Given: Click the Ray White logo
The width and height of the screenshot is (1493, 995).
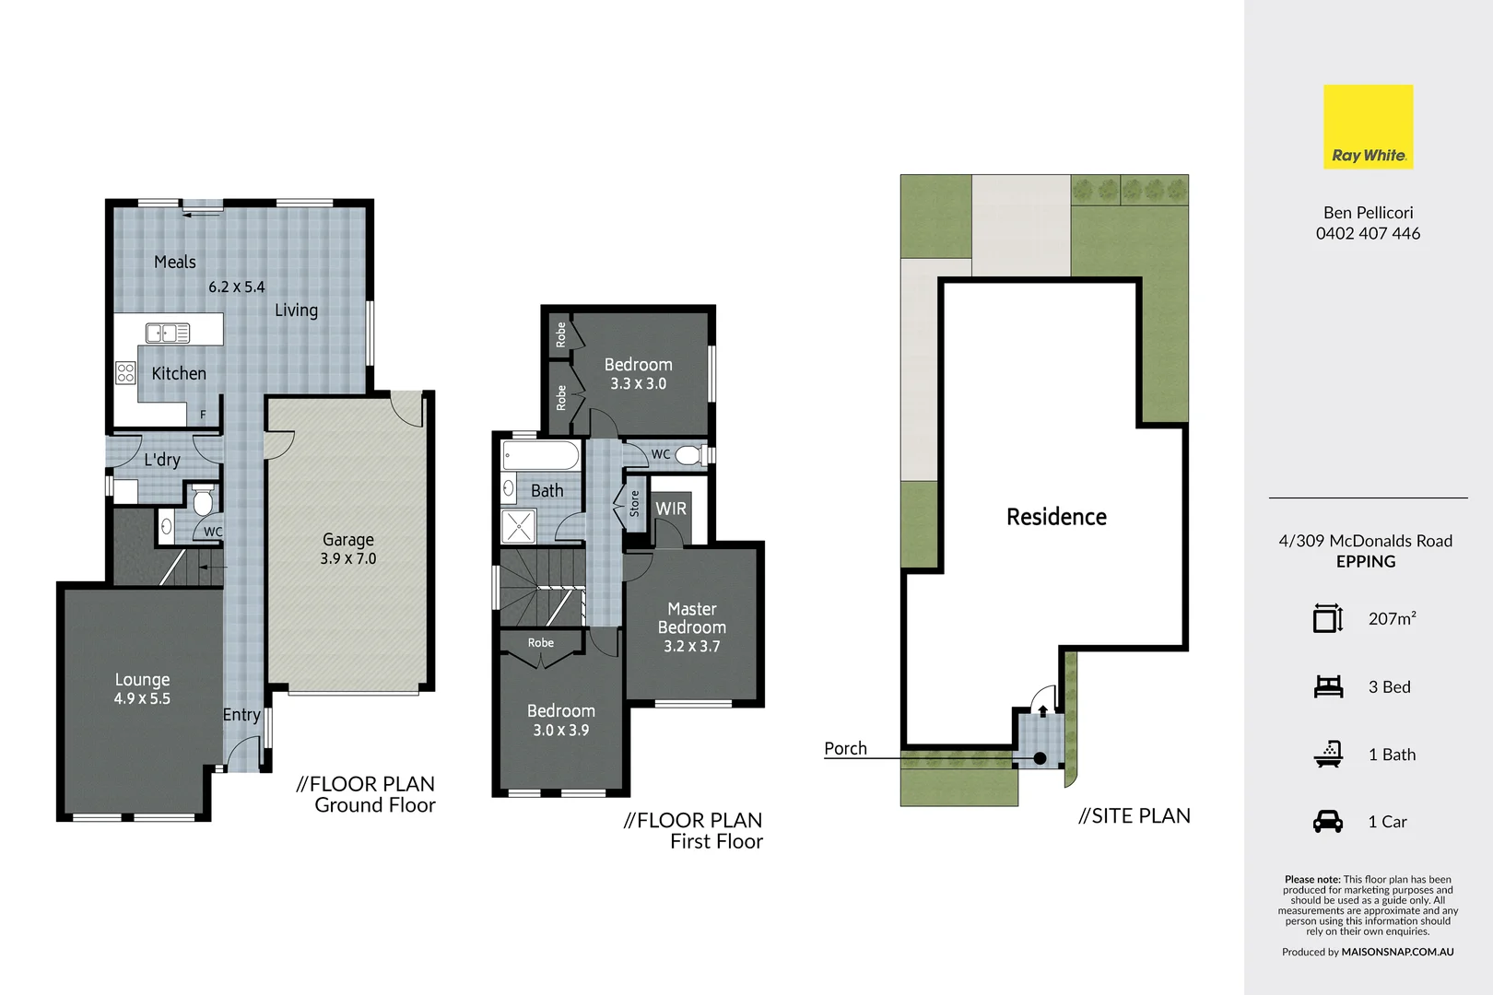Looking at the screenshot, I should click(x=1368, y=127).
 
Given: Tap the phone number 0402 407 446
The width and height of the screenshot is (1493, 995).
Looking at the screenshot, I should click(x=1368, y=234).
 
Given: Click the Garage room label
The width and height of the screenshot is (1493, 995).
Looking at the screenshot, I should click(x=348, y=540).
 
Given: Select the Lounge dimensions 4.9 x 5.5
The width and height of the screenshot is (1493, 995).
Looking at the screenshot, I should click(x=142, y=699).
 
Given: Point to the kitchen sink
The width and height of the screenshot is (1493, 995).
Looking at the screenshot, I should click(x=168, y=333).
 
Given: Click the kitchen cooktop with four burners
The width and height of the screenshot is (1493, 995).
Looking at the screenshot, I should click(x=125, y=373).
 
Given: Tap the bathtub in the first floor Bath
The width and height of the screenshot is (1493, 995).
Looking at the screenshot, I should click(x=541, y=456).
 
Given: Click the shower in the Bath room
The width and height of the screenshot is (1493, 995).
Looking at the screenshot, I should click(x=518, y=527).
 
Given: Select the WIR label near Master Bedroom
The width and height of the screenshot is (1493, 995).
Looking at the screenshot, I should click(x=671, y=509).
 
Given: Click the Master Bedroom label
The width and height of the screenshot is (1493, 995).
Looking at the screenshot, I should click(x=692, y=618).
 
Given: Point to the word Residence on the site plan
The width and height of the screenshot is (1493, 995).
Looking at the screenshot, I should click(x=1056, y=517).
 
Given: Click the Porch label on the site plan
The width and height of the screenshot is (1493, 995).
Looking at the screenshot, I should click(x=845, y=749).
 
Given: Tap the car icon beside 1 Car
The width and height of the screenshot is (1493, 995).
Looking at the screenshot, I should click(x=1328, y=822).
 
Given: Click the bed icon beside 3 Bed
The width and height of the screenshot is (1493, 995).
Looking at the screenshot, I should click(x=1328, y=687).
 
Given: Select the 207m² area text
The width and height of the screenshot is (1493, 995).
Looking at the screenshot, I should click(x=1392, y=619).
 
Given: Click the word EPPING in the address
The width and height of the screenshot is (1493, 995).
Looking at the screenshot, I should click(x=1366, y=562).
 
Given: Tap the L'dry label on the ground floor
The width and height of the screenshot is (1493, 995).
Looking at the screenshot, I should click(x=162, y=460).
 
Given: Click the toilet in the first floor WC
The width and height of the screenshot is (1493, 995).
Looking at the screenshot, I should click(x=688, y=455).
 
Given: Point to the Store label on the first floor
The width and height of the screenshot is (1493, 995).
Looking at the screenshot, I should click(x=635, y=503).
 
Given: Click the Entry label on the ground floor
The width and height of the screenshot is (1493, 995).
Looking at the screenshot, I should click(x=241, y=715).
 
